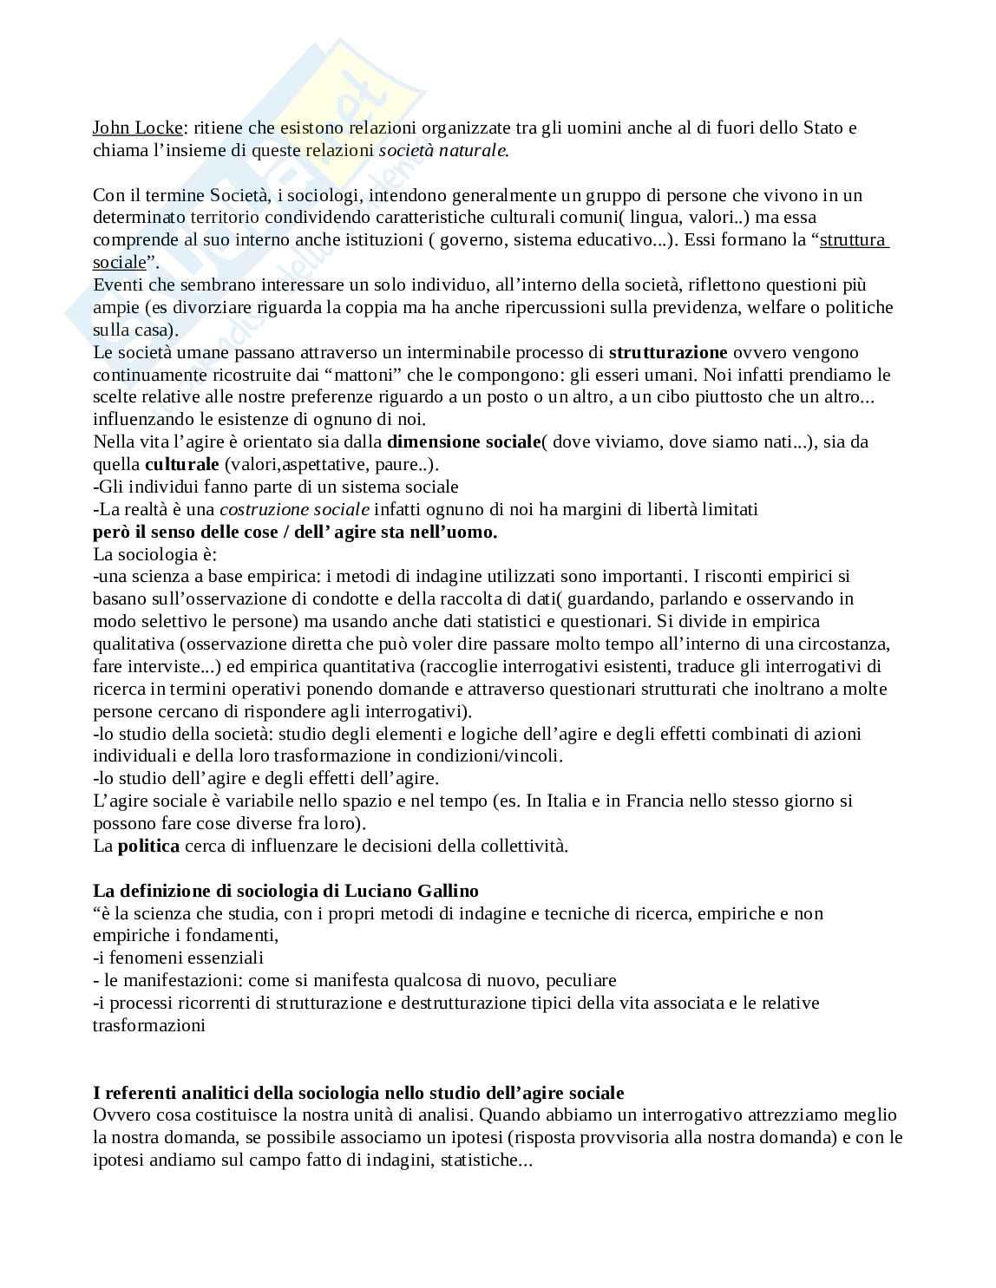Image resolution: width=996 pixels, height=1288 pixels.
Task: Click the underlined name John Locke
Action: [138, 127]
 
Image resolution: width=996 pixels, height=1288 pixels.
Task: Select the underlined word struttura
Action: [854, 239]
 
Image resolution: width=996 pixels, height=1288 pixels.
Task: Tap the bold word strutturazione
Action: [668, 352]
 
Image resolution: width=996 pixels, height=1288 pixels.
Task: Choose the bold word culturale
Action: [182, 464]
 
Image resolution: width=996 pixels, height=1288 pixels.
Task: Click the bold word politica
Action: [149, 846]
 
